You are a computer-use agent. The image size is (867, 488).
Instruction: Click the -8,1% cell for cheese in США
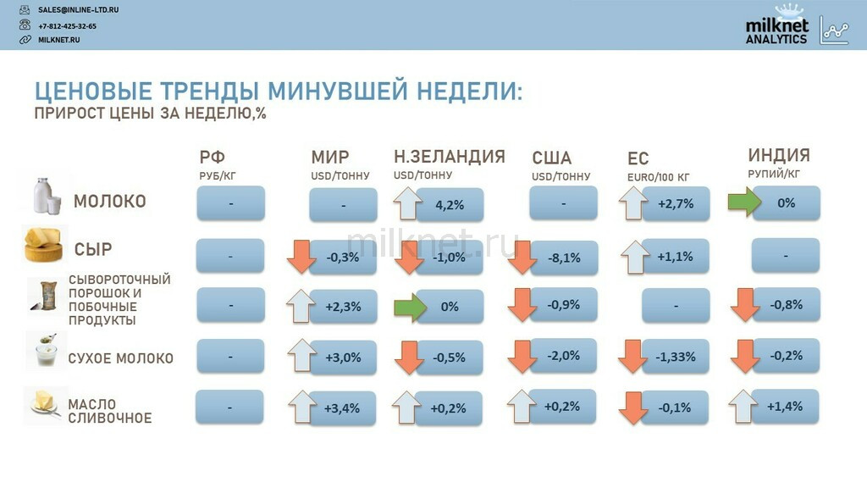tap(564, 258)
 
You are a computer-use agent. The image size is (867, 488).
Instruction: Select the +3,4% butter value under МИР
tap(342, 408)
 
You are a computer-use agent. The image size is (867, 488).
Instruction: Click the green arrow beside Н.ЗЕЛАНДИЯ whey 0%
tap(411, 307)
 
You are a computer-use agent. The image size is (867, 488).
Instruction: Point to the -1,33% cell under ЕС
tap(675, 357)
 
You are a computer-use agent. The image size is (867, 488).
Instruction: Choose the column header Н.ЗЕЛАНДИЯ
tap(450, 157)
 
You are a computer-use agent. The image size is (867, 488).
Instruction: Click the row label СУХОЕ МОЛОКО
tap(120, 358)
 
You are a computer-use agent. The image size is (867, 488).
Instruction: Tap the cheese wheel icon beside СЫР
tap(44, 245)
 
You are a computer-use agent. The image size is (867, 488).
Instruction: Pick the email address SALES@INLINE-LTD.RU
tap(78, 10)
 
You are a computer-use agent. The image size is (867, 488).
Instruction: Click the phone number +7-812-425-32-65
tap(67, 26)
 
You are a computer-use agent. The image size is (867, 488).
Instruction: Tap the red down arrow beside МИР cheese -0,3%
tap(301, 257)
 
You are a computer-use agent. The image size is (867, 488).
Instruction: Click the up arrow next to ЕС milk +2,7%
tap(633, 203)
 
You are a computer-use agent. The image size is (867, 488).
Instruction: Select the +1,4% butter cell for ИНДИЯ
tap(785, 407)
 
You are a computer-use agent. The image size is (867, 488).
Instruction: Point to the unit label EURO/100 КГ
tap(658, 178)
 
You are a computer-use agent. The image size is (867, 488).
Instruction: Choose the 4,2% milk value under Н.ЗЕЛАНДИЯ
tap(450, 205)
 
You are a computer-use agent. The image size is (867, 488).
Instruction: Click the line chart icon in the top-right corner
tap(835, 30)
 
